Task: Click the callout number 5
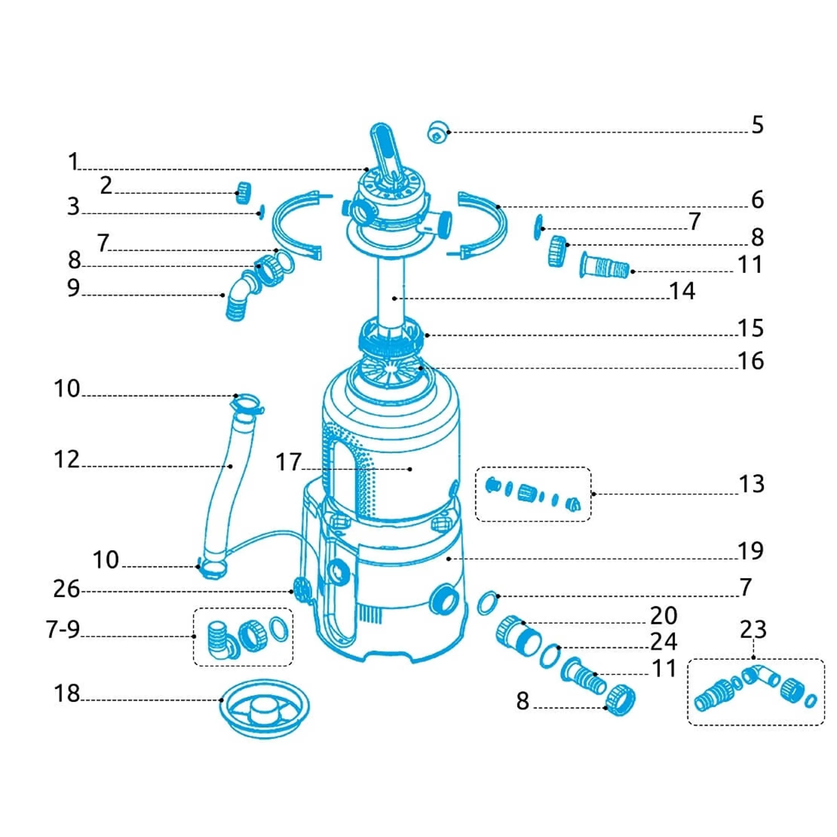click(x=757, y=125)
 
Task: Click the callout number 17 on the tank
click(x=288, y=462)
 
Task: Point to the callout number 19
click(x=751, y=551)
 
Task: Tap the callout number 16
click(x=751, y=361)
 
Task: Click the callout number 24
click(x=663, y=642)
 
